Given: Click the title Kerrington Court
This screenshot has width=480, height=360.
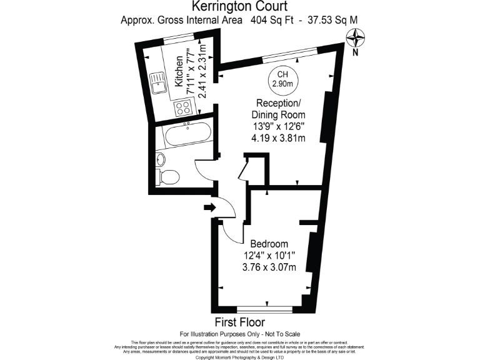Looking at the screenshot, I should pyautogui.click(x=239, y=7).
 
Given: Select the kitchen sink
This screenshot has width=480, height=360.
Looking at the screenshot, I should pyautogui.click(x=157, y=82).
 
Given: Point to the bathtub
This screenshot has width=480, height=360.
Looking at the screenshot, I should pyautogui.click(x=185, y=133).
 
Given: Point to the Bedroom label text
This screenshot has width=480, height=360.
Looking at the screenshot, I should pyautogui.click(x=269, y=244).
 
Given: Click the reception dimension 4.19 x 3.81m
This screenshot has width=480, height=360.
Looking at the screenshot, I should pyautogui.click(x=279, y=138).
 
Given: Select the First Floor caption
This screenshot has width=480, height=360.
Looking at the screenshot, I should pyautogui.click(x=239, y=322).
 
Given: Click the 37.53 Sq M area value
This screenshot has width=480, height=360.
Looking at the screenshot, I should pyautogui.click(x=329, y=20).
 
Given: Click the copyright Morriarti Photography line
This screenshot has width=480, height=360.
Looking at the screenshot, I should pyautogui.click(x=240, y=357).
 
